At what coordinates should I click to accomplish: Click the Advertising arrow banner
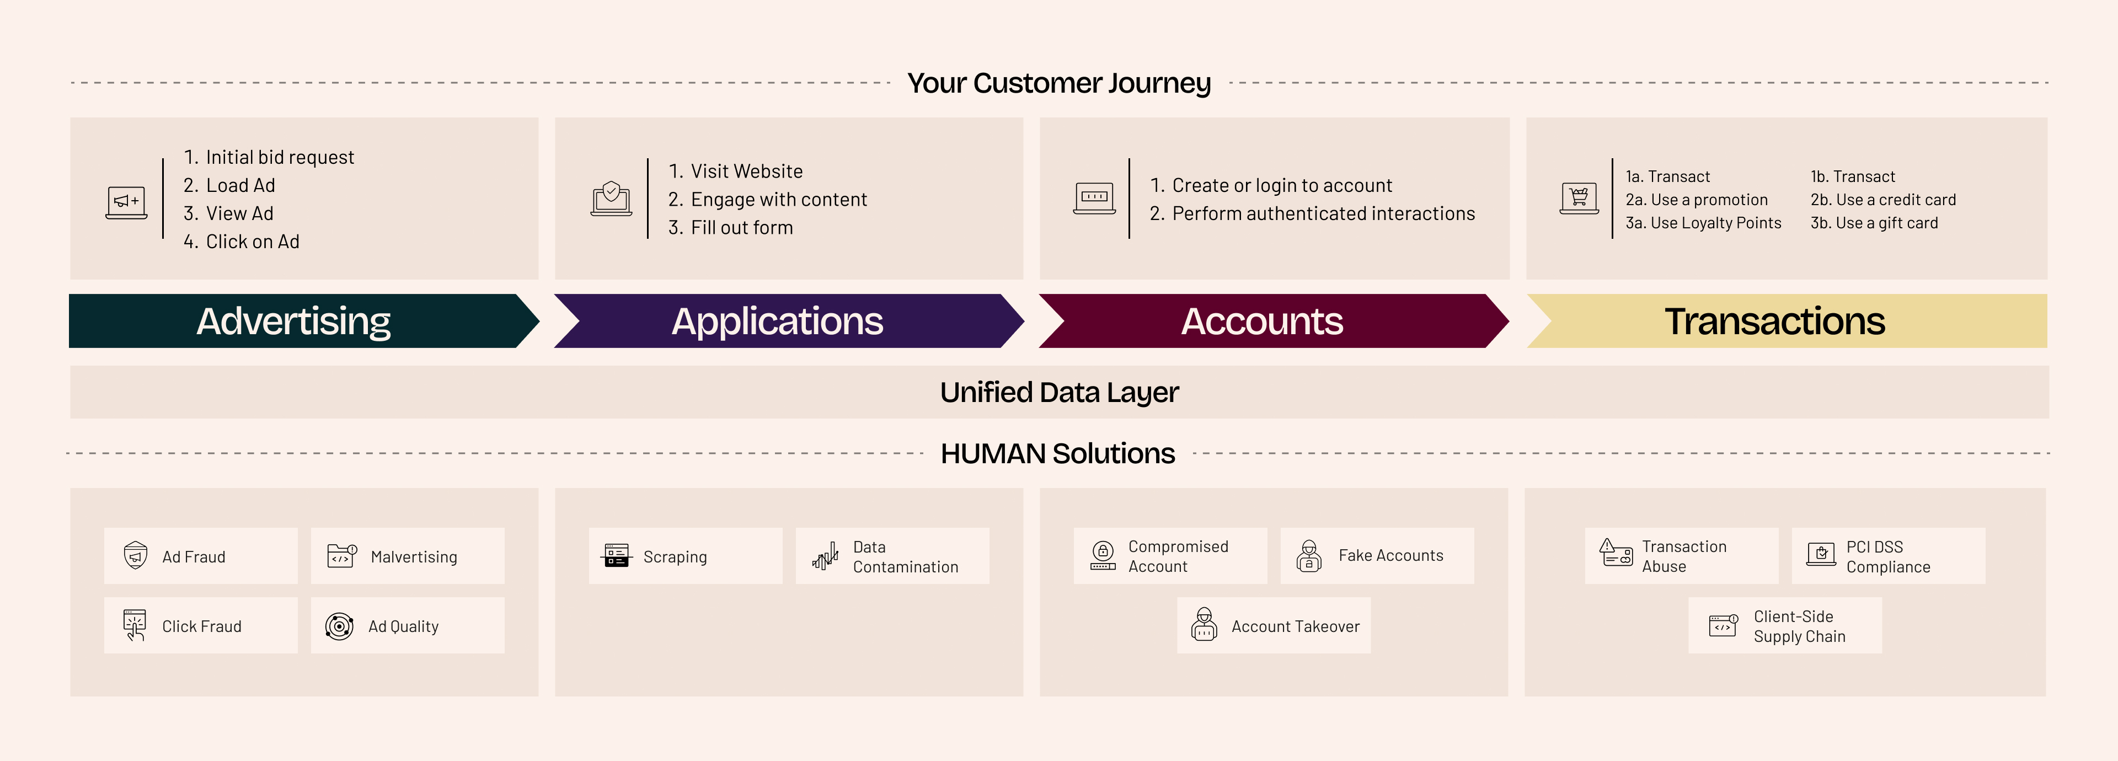point(293,321)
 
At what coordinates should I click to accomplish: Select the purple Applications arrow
point(777,321)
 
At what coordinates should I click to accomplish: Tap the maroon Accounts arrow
point(1262,321)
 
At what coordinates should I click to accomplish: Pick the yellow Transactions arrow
point(1774,321)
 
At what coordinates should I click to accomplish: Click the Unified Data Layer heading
point(1059,393)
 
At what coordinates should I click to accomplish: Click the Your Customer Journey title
point(1059,84)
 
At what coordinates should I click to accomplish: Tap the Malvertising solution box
point(407,556)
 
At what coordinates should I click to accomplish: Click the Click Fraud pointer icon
point(135,625)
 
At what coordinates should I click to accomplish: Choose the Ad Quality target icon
point(339,626)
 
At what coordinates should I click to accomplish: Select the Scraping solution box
point(685,556)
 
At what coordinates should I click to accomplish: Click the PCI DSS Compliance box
point(1888,556)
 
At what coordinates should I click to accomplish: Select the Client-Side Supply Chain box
point(1784,626)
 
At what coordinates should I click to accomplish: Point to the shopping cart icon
point(1579,197)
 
